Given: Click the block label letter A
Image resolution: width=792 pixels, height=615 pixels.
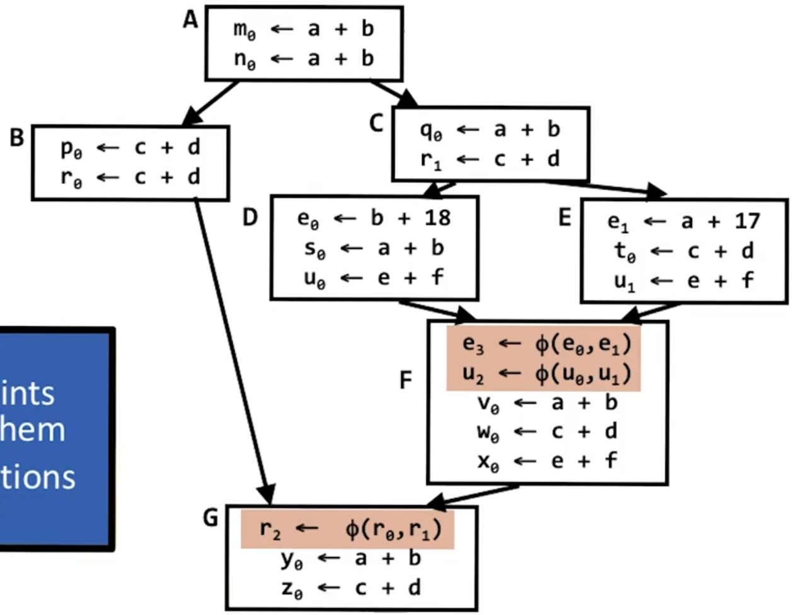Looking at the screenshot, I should tap(190, 20).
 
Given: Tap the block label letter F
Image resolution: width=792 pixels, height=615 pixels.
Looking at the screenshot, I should tap(406, 380).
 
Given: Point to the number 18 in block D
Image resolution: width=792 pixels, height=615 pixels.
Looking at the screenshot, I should tap(437, 218).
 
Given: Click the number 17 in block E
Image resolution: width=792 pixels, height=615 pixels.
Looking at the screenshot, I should tap(747, 221).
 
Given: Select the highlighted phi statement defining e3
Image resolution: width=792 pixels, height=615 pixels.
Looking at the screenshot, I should tap(546, 343).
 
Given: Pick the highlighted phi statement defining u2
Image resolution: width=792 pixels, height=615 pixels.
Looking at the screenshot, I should tap(546, 374).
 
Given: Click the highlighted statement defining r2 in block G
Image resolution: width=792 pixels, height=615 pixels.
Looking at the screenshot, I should tap(349, 529).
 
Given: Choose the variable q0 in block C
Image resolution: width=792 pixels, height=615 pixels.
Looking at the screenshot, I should tap(431, 130).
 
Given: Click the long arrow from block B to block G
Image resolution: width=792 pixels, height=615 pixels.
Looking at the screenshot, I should tap(233, 347).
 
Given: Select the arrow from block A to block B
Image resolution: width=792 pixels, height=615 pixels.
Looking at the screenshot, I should tap(211, 103).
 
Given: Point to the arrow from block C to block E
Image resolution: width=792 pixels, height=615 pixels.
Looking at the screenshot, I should tap(605, 187).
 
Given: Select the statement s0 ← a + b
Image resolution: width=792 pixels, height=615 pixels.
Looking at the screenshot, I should tap(374, 248).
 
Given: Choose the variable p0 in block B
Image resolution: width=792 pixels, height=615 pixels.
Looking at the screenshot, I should tap(71, 147).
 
